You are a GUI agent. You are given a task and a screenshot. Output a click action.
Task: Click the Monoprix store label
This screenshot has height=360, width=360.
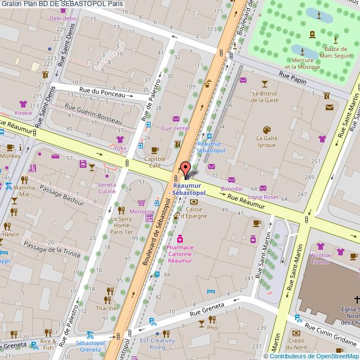(x=142, y=212)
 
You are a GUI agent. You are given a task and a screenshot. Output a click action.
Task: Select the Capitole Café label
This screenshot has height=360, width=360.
(x=156, y=161)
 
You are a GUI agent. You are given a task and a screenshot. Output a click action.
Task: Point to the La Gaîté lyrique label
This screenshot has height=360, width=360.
(x=266, y=141)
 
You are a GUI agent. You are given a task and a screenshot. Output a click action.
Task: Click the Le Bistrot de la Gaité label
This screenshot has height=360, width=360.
(x=264, y=97)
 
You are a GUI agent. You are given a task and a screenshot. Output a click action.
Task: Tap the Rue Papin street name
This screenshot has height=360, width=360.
(x=292, y=79)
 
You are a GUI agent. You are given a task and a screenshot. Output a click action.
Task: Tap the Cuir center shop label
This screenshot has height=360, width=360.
(x=176, y=128)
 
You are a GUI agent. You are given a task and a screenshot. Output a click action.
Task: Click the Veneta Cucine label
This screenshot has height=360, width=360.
(x=104, y=188)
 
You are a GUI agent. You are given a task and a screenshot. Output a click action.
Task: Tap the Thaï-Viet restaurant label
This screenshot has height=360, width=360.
(x=107, y=308)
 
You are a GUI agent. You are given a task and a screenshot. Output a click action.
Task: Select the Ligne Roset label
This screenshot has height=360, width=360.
(x=263, y=197)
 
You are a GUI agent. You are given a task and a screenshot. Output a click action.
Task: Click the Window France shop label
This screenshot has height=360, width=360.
(x=320, y=259)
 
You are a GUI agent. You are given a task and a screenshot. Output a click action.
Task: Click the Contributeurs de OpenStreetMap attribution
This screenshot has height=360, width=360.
(x=311, y=356)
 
